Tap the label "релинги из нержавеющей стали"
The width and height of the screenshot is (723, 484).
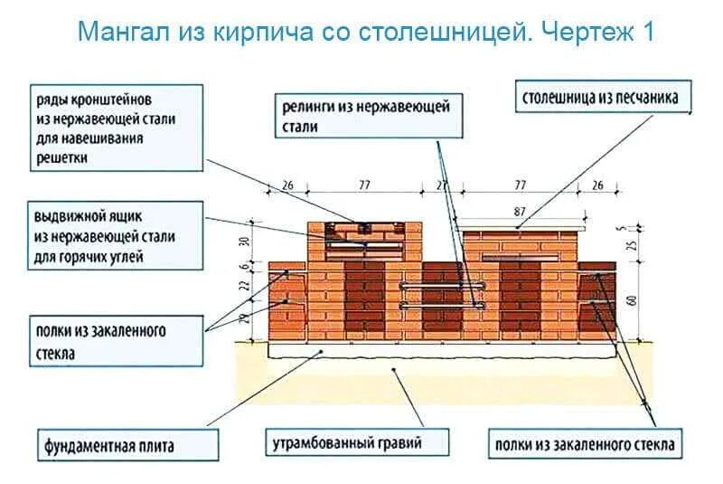(x=364, y=116)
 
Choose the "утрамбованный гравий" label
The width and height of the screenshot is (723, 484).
(x=347, y=443)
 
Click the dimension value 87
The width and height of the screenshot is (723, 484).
(x=520, y=210)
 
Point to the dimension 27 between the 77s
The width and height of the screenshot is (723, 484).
(x=443, y=185)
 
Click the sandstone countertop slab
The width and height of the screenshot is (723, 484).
(x=519, y=223)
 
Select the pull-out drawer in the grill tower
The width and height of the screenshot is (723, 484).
(x=365, y=245)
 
